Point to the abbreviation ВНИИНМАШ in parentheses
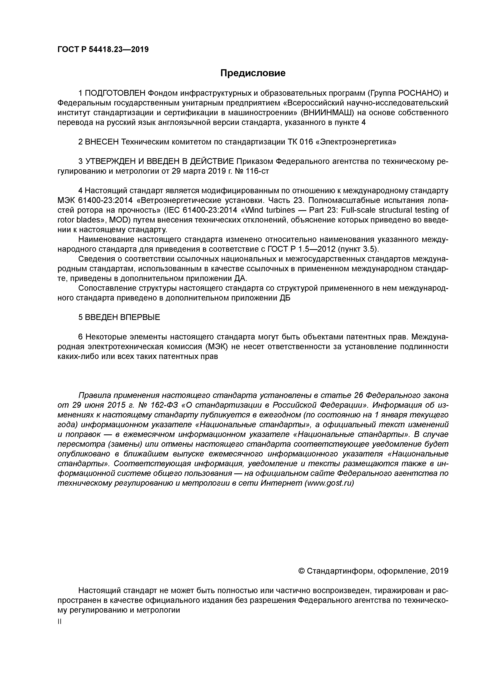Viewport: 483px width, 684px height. (x=328, y=113)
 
